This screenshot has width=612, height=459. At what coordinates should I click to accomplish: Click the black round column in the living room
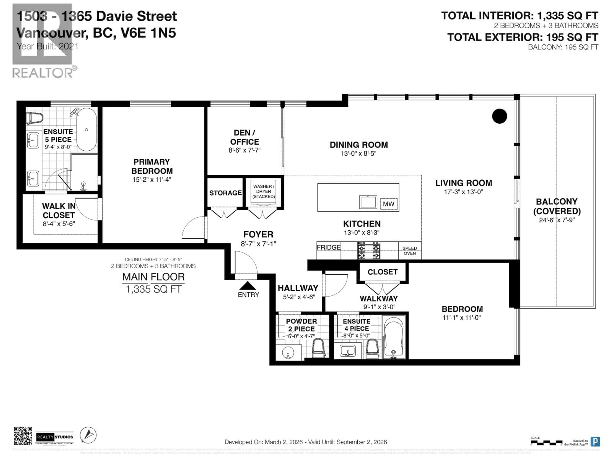(x=499, y=116)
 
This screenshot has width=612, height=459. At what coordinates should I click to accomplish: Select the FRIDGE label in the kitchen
(x=328, y=247)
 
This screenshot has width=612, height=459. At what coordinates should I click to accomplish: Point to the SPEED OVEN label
(x=409, y=251)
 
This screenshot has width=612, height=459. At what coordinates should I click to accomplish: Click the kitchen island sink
(x=368, y=202)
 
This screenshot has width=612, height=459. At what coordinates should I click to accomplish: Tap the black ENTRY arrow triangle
(x=248, y=286)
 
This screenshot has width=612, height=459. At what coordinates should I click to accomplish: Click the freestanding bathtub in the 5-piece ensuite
(x=87, y=129)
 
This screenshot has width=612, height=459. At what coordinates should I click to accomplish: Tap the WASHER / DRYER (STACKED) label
(x=263, y=191)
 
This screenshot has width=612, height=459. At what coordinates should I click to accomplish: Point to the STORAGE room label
(x=225, y=193)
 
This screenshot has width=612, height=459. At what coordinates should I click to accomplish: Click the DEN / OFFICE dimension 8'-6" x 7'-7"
(x=244, y=150)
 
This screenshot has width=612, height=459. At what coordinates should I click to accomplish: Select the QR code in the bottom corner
(x=23, y=436)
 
